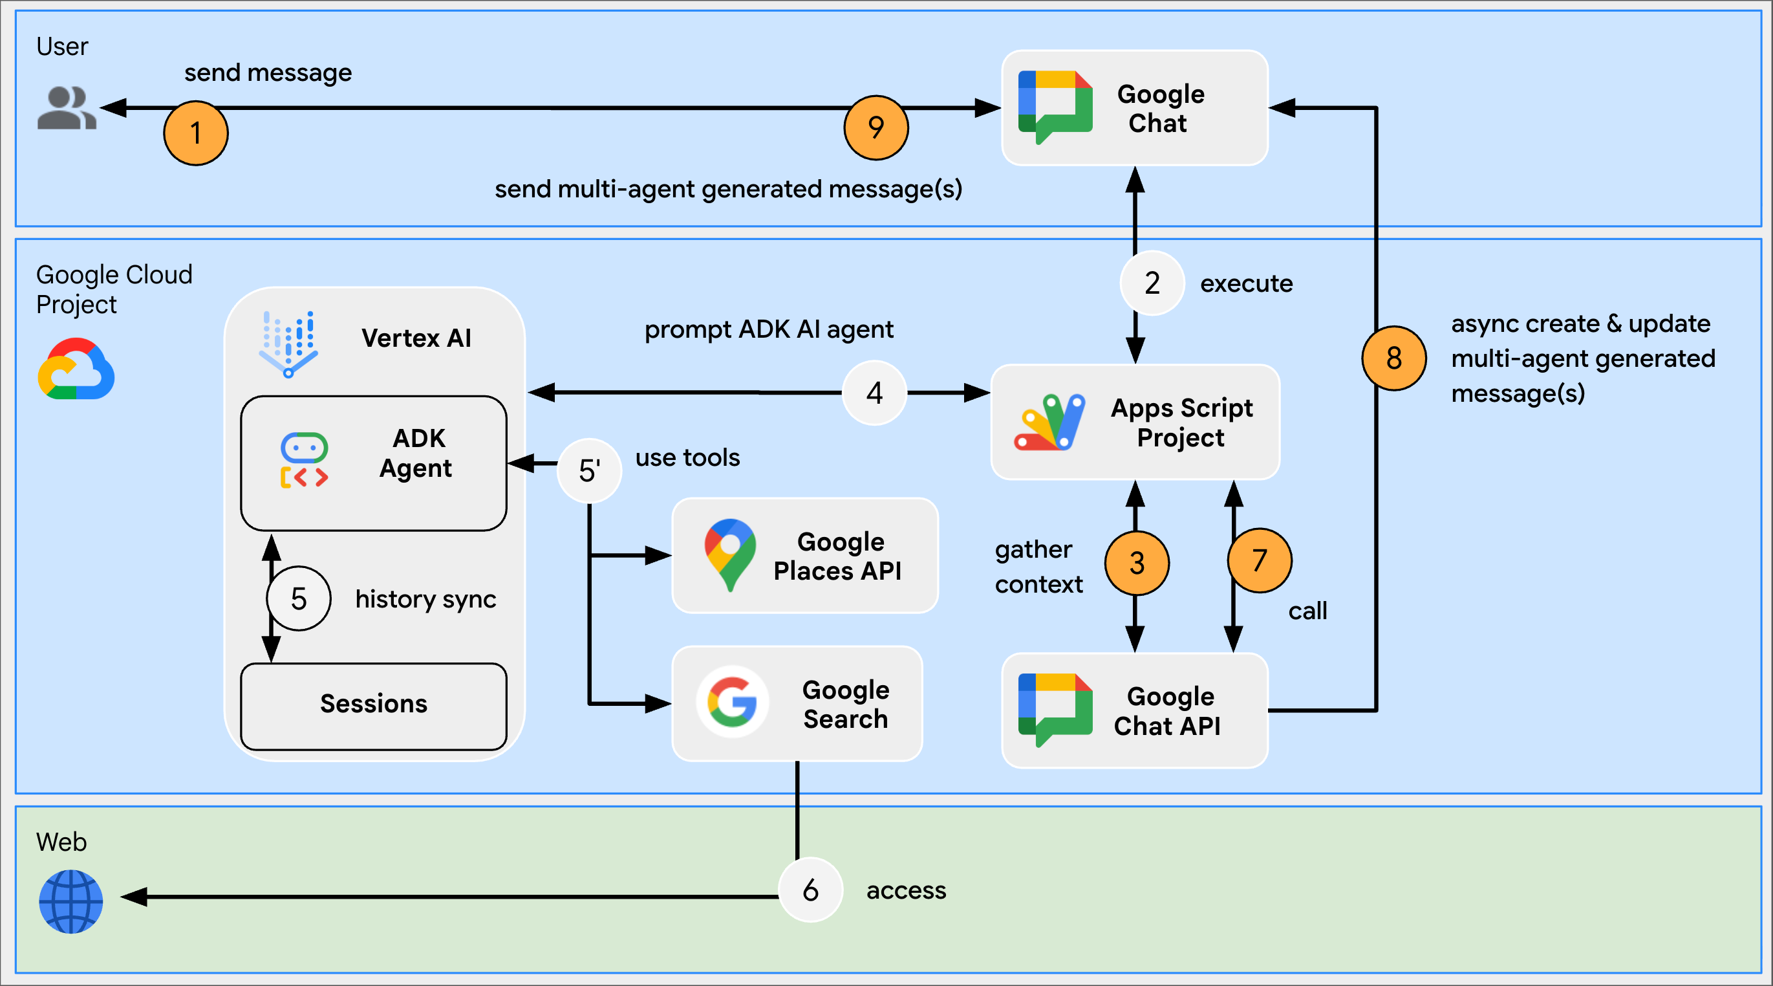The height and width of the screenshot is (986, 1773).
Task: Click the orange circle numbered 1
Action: click(x=195, y=133)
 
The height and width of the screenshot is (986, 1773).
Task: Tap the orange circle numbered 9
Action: click(x=876, y=127)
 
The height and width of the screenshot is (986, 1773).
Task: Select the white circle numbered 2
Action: click(x=1152, y=283)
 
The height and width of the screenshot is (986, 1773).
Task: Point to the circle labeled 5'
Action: click(x=589, y=471)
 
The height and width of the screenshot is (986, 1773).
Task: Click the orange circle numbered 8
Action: click(x=1393, y=358)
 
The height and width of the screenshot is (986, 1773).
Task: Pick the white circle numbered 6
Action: click(x=810, y=890)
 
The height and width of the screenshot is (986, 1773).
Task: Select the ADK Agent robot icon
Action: click(x=304, y=460)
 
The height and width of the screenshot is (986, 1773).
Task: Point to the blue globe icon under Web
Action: click(x=71, y=901)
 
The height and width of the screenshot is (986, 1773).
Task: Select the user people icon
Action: click(x=66, y=108)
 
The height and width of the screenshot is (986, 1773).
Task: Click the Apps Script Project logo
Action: click(x=1049, y=422)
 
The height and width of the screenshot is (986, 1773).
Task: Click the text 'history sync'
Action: click(x=425, y=599)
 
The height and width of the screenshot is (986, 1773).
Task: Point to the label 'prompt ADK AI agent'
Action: click(x=768, y=330)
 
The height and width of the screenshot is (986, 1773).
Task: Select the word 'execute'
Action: click(x=1246, y=283)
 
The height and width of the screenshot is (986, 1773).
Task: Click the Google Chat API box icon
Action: click(x=1055, y=709)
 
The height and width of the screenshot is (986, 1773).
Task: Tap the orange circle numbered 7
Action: click(x=1259, y=560)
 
